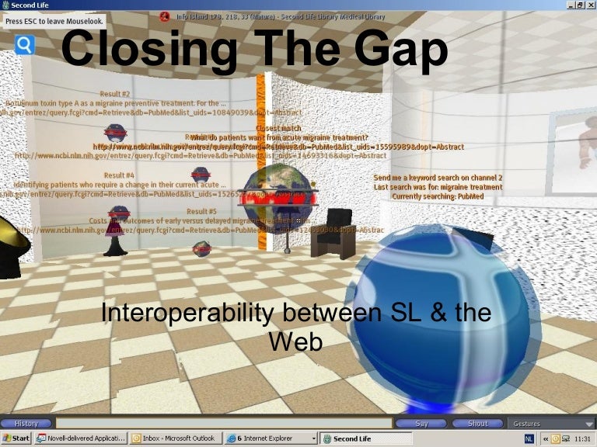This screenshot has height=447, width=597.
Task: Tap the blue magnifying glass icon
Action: tap(25, 45)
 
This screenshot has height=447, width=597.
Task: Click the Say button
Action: tap(421, 424)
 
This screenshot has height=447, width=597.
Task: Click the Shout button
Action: tap(478, 424)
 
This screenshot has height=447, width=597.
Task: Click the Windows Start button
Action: tap(16, 438)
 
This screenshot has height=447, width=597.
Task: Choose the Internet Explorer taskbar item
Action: tap(271, 438)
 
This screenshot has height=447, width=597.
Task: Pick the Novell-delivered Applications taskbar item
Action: tap(81, 438)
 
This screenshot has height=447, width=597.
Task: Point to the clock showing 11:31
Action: tap(581, 438)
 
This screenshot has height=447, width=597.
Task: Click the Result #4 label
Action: tap(119, 175)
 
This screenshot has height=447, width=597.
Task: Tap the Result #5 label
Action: tap(201, 210)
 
